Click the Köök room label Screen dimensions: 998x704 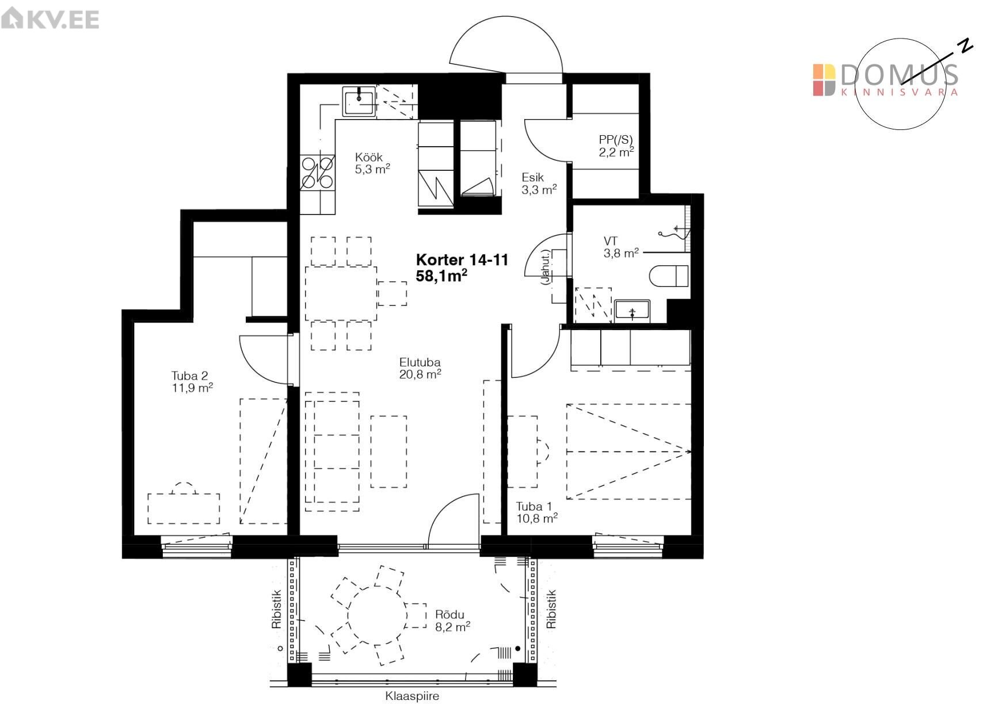(x=372, y=163)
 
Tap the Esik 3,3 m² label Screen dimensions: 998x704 (x=539, y=183)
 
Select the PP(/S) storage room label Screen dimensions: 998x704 (x=616, y=146)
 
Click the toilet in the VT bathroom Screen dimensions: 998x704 (x=669, y=276)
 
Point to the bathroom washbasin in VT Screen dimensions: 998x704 (x=632, y=311)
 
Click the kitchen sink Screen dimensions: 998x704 (x=360, y=101)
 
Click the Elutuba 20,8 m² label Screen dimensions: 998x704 (x=420, y=368)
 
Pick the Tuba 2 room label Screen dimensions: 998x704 (x=192, y=381)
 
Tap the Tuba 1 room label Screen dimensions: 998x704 (x=536, y=512)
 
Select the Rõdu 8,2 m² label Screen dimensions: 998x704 (x=452, y=621)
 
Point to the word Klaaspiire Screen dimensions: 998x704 (x=412, y=696)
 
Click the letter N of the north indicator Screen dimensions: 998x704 (x=964, y=45)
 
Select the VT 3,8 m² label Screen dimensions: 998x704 (x=621, y=247)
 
